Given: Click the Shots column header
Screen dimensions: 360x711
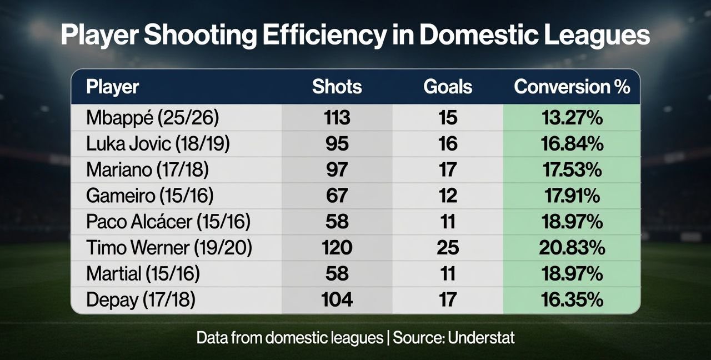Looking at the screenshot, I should (x=337, y=87).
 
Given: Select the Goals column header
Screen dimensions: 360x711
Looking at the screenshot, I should (x=448, y=87).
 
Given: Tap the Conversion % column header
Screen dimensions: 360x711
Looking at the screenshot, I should (x=572, y=87).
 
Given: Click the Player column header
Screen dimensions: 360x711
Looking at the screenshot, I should (x=113, y=87).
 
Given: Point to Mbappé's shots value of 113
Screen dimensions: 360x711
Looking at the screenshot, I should (x=337, y=118).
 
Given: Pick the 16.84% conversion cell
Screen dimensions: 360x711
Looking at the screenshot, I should (x=572, y=144).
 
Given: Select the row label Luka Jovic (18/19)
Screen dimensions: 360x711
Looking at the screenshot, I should (x=158, y=144).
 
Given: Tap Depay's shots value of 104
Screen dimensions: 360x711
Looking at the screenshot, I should (x=337, y=299).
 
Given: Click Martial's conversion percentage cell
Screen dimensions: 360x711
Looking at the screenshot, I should (x=572, y=274).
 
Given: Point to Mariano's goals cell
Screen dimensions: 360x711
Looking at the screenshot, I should (x=448, y=170).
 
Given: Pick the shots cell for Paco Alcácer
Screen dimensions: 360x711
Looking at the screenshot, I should (x=337, y=222).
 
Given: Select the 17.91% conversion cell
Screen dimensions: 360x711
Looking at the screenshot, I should (x=572, y=196).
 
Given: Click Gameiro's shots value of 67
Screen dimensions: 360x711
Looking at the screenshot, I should (x=337, y=196).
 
